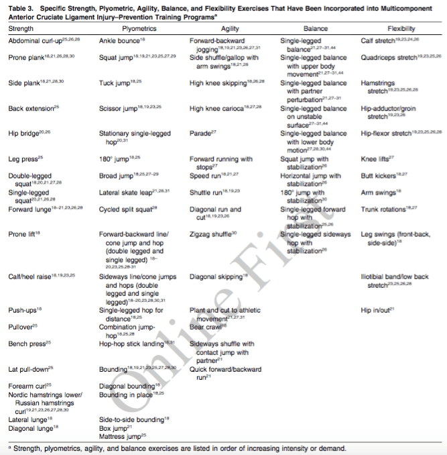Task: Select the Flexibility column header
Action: pyautogui.click(x=401, y=29)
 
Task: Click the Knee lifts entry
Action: pyautogui.click(x=377, y=159)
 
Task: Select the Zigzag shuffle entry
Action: pyautogui.click(x=211, y=235)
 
